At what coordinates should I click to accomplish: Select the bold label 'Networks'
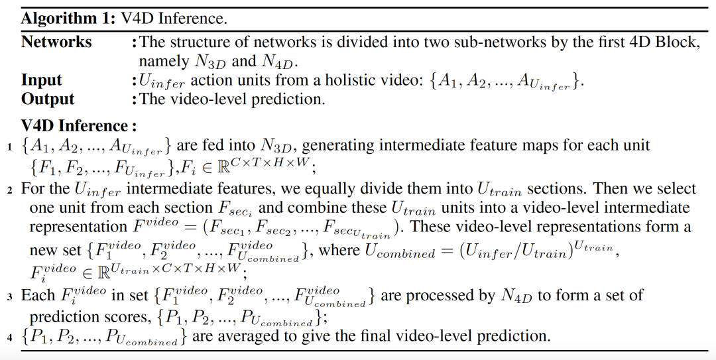[x=56, y=42]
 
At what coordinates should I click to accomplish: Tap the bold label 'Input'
[x=41, y=80]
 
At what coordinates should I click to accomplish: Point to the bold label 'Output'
[x=48, y=99]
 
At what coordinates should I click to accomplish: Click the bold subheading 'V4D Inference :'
[x=79, y=125]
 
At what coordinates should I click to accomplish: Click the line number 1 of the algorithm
[x=10, y=146]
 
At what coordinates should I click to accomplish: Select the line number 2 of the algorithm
[x=10, y=189]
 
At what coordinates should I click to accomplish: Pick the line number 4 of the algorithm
[x=10, y=337]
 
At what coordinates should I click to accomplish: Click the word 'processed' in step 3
[x=457, y=295]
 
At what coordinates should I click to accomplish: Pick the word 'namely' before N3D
[x=162, y=62]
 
